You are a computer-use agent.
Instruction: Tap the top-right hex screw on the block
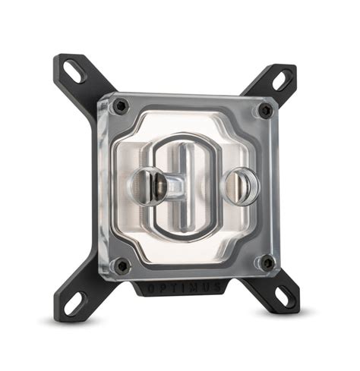[264, 111]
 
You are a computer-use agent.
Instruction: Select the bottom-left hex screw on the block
[120, 265]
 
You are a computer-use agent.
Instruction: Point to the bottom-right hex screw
[266, 263]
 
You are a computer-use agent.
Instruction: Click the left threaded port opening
[147, 186]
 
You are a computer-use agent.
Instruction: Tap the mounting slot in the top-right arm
[280, 79]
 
